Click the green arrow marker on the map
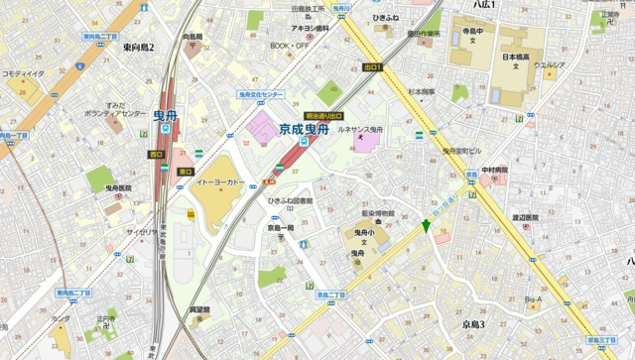click(427, 227)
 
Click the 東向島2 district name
click(139, 47)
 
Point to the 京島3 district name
click(466, 324)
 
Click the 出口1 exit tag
click(373, 67)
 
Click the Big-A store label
click(534, 299)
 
